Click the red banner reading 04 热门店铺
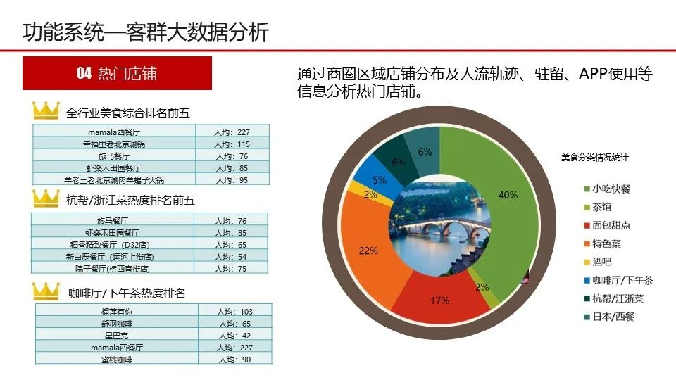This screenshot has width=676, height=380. (x=117, y=73)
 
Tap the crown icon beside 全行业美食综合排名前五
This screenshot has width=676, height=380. (x=46, y=111)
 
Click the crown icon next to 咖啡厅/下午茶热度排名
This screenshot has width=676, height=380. (x=47, y=291)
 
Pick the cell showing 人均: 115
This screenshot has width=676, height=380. (x=233, y=144)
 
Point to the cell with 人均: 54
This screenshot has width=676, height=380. (x=232, y=256)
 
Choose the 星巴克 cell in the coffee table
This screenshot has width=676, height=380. (x=116, y=336)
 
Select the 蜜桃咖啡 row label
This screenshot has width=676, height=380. (x=116, y=360)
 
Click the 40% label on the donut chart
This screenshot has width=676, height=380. (x=507, y=195)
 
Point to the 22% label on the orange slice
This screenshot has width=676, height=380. (x=368, y=251)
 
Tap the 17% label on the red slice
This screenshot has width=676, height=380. (x=439, y=300)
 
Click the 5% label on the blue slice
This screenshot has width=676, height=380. (x=380, y=179)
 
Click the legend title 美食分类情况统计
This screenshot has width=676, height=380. (x=595, y=158)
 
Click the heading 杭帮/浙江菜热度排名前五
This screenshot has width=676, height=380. (x=130, y=201)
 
